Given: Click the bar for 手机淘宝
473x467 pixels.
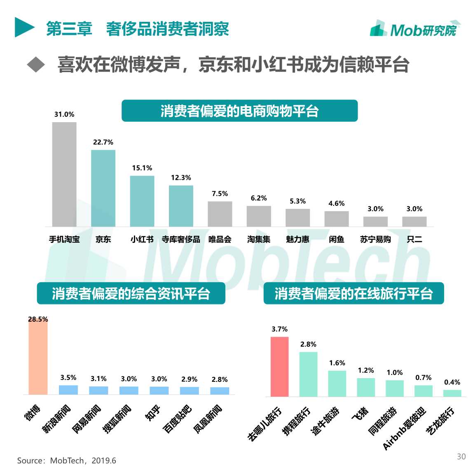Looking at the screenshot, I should pos(64,174).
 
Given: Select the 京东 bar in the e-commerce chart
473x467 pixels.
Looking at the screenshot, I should pos(103,188).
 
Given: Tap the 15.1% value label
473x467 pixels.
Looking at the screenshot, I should pos(142,168).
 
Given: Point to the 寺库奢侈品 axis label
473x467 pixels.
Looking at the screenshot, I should pos(181,239).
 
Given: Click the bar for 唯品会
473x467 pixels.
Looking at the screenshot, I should pos(220,214).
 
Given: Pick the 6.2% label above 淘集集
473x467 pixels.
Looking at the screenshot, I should pos(259,198).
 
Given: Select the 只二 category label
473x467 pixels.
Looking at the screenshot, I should pos(414,239).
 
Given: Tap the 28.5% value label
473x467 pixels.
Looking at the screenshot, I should pos(38,319).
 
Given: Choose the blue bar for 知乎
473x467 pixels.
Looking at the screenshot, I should pos(159,390).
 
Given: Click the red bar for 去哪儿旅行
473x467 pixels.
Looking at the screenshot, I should pos(279,367).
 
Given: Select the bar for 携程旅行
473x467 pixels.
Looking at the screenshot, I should pos(308,374).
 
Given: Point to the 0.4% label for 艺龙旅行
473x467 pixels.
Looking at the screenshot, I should pos(452,382).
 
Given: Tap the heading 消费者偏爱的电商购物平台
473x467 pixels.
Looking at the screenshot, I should pos(239,111).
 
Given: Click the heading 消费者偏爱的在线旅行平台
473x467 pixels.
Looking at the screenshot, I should pos(354,293).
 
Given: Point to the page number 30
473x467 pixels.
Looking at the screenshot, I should pos(461,457).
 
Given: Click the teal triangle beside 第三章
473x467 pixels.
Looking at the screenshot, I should pos(24,27).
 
